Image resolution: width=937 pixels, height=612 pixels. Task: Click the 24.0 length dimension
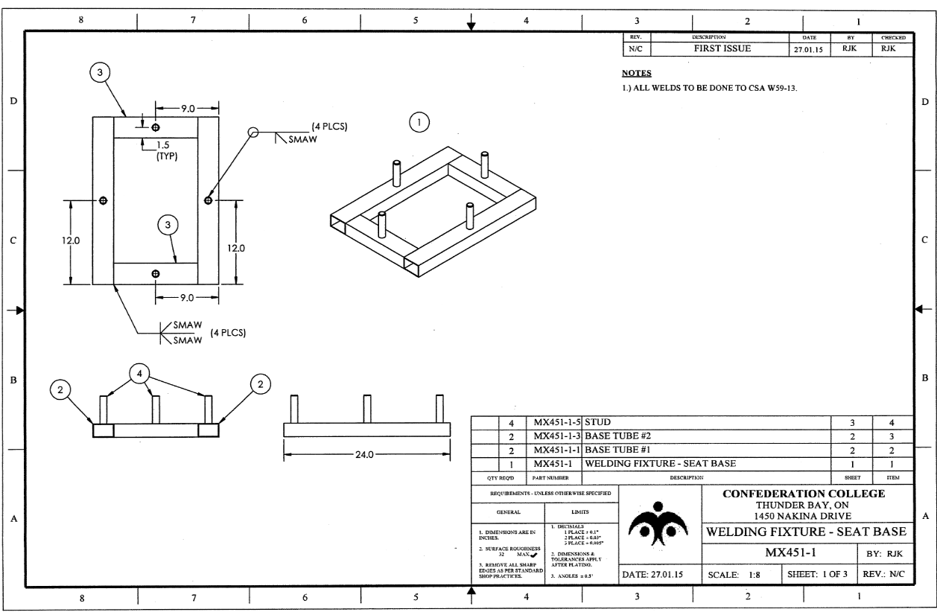tap(366, 453)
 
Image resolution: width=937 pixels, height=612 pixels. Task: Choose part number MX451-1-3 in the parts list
tap(557, 436)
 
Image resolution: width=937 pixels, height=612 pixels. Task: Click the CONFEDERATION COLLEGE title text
tap(806, 493)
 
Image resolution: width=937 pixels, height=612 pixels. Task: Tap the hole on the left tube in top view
tap(103, 200)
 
